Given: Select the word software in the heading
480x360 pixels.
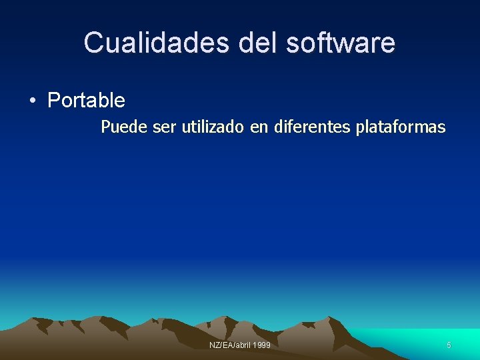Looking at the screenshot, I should click(x=341, y=43).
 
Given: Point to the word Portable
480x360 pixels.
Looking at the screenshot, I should click(x=86, y=101).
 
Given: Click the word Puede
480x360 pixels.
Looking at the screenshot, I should click(x=125, y=127).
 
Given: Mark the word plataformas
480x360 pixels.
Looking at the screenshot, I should click(x=401, y=127).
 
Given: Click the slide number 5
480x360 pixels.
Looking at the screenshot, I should click(x=449, y=345).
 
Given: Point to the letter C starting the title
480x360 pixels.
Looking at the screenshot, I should click(x=93, y=43).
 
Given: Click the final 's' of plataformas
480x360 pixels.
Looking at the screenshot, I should click(x=442, y=127).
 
